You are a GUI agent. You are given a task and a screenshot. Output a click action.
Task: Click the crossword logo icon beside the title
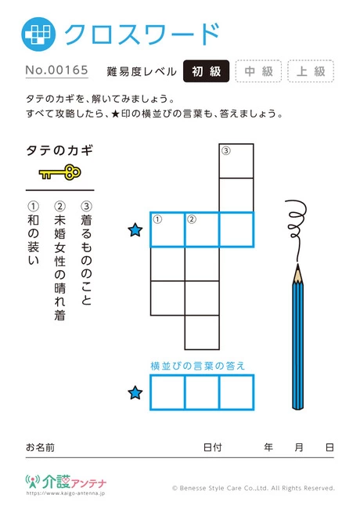pyautogui.click(x=38, y=34)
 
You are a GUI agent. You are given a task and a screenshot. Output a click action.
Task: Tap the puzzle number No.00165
pyautogui.click(x=57, y=70)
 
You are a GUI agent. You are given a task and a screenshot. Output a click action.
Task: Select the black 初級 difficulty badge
pyautogui.click(x=207, y=71)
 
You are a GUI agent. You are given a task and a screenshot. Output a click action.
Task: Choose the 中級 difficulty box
pyautogui.click(x=258, y=71)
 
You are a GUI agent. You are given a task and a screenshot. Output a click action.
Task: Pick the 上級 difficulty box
pyautogui.click(x=311, y=71)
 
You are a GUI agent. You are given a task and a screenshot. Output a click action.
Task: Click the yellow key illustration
pyautogui.click(x=60, y=172)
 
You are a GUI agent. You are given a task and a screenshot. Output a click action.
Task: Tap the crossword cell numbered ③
pyautogui.click(x=236, y=161)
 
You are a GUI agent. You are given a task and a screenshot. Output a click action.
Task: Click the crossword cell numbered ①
pyautogui.click(x=167, y=229)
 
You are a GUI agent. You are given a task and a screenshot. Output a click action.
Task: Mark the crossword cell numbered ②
pyautogui.click(x=202, y=229)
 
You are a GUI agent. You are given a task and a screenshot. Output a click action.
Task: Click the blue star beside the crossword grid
pyautogui.click(x=135, y=230)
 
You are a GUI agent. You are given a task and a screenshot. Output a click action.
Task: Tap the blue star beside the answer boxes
pyautogui.click(x=135, y=393)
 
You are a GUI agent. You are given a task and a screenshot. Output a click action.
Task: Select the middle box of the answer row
pyautogui.click(x=202, y=392)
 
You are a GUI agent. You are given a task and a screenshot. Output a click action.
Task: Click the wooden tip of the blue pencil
pyautogui.click(x=297, y=273)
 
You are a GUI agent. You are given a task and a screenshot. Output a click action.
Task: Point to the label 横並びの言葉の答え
pyautogui.click(x=198, y=366)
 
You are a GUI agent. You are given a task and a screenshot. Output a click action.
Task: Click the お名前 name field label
pyautogui.click(x=40, y=447)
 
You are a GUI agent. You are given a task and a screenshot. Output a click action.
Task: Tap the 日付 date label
pyautogui.click(x=213, y=447)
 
